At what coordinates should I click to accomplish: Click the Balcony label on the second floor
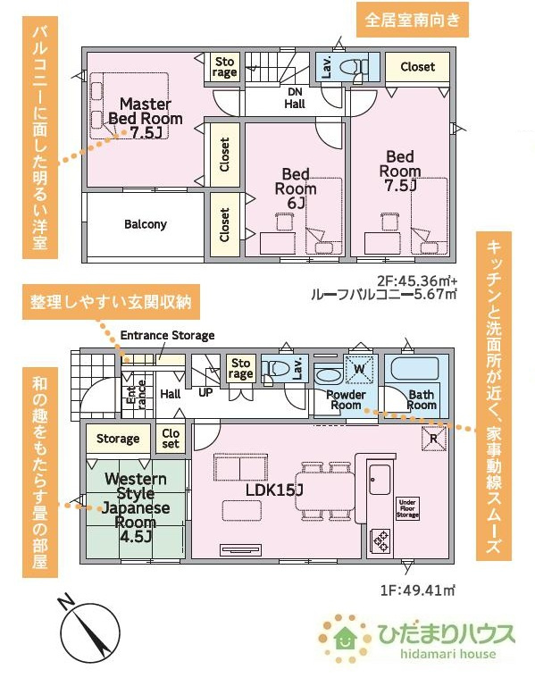point(146,224)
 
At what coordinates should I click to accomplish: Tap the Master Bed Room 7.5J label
point(146,118)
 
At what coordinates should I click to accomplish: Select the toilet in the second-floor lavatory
point(354,67)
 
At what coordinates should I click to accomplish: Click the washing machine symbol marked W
point(359,369)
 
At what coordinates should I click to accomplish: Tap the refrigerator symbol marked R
point(433,439)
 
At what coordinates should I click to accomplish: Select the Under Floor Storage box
point(407,508)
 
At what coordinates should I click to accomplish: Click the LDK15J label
point(274,490)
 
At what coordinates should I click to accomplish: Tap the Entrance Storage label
point(167,336)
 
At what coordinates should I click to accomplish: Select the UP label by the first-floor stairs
point(205,393)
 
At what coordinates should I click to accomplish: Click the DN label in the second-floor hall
point(295,92)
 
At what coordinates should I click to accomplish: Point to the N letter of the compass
point(66,601)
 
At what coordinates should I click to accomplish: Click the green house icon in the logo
point(345,637)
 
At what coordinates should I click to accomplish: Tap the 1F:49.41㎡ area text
point(418,590)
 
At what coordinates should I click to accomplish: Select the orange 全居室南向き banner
point(412,21)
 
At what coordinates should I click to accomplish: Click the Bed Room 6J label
point(296,188)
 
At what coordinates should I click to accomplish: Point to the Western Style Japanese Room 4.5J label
point(136,507)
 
